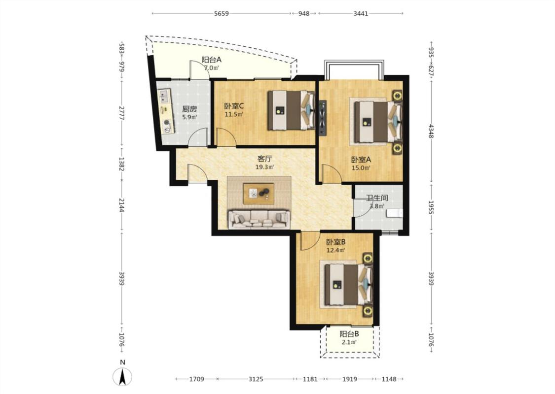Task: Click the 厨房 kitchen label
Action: [189, 109]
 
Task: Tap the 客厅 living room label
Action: [265, 159]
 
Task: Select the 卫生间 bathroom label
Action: [377, 198]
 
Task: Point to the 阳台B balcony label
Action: [349, 333]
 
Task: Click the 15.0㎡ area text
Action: [361, 168]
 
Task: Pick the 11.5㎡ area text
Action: [234, 114]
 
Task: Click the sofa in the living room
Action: [259, 220]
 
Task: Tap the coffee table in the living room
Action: [259, 193]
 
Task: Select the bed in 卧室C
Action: [291, 110]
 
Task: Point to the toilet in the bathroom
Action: [394, 213]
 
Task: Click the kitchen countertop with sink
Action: [166, 111]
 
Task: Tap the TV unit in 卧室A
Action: [323, 118]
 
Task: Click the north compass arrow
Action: [122, 377]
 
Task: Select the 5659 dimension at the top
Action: [222, 13]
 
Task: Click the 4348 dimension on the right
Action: [431, 131]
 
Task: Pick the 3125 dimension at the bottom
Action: [256, 379]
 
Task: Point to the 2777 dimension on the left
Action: [122, 113]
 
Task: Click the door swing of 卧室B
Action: [308, 241]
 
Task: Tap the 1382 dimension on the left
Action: [122, 164]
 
